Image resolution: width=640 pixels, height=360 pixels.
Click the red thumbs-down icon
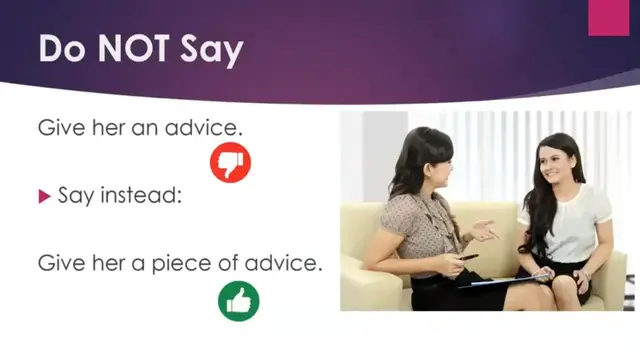[x=230, y=162]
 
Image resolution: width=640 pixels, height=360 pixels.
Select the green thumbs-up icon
[x=238, y=300]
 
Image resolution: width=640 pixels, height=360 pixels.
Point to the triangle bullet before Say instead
[x=44, y=196]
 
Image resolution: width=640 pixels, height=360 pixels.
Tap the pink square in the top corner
[x=609, y=17]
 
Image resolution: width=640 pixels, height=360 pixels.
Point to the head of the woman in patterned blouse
[x=420, y=160]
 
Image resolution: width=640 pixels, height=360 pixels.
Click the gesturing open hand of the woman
[x=484, y=231]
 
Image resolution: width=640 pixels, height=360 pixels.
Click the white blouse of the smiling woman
[x=575, y=220]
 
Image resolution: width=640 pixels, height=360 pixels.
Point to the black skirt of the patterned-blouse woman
[x=440, y=291]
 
